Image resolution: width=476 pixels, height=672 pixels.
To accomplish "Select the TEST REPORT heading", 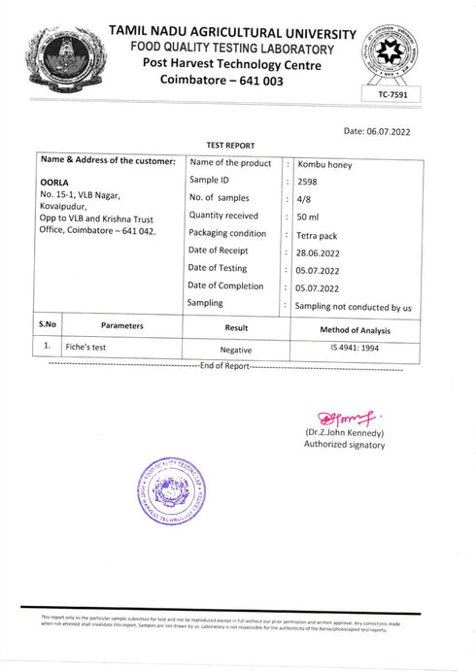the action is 230,146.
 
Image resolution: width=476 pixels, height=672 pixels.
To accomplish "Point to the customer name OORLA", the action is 54,182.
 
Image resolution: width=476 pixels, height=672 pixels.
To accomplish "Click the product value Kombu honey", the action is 325,165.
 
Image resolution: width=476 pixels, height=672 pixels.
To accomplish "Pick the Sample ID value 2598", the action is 308,182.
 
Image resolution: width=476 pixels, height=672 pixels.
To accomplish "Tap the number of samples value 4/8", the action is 305,199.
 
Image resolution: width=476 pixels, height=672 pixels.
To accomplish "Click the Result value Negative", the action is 236,349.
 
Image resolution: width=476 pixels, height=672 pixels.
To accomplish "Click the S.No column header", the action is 48,326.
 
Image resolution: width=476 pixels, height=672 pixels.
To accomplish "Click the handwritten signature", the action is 345,417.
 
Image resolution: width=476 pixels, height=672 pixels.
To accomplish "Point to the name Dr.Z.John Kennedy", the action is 345,432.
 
